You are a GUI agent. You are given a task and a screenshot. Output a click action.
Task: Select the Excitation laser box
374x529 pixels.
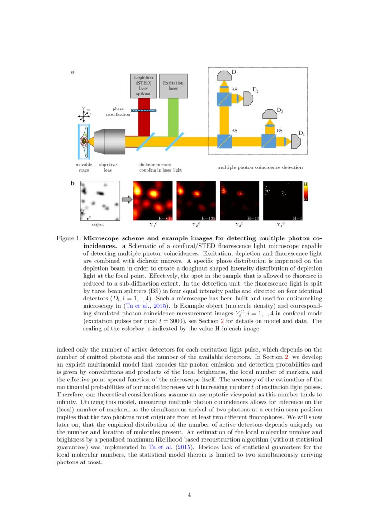[173, 86]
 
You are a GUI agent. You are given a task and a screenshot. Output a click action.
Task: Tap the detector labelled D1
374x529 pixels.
[224, 75]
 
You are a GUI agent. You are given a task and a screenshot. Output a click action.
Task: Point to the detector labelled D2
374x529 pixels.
[248, 99]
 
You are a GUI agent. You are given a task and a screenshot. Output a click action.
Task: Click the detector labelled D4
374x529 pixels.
[296, 141]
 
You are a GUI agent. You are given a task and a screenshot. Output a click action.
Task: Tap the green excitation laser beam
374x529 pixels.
[173, 116]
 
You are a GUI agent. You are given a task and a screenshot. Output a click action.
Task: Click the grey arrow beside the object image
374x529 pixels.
[127, 199]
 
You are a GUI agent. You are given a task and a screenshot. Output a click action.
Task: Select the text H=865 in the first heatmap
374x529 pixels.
[165, 219]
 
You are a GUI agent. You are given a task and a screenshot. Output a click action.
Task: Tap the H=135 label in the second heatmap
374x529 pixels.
[208, 219]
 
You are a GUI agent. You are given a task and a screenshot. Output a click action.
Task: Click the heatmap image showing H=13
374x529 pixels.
[239, 201]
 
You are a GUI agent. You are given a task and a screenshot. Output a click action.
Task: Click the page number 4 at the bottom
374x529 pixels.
[189, 495]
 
